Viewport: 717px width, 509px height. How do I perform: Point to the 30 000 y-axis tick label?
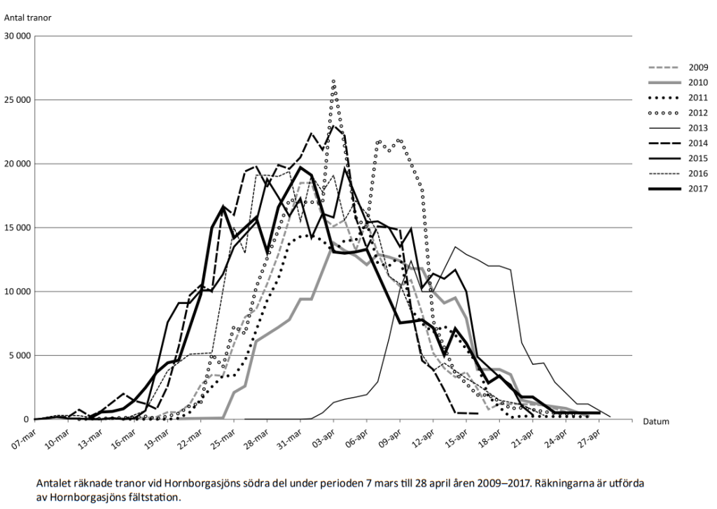[18, 36]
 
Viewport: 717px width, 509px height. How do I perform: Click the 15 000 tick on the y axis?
[18, 228]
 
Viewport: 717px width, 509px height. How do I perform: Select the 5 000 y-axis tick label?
[20, 356]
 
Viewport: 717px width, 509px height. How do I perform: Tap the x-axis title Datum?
[655, 421]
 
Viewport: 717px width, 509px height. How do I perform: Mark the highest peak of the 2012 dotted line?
[334, 81]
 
